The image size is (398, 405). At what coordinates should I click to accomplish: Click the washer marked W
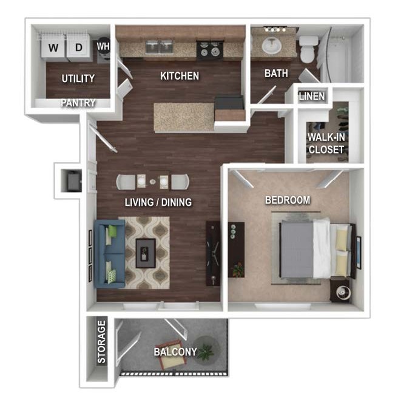click(x=53, y=47)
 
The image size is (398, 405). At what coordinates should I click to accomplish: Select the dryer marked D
click(x=78, y=47)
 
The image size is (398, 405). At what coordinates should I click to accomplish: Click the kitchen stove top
click(x=209, y=49)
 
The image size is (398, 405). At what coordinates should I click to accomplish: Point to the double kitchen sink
click(x=159, y=47)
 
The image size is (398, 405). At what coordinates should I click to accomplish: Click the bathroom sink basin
click(x=271, y=45)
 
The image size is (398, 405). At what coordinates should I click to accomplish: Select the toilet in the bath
click(x=309, y=49)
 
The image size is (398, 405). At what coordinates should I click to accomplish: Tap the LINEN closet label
click(x=312, y=97)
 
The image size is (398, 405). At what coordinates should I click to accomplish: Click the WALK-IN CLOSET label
click(x=326, y=143)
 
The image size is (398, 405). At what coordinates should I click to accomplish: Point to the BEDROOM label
click(x=288, y=200)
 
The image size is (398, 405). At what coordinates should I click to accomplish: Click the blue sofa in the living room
click(x=110, y=254)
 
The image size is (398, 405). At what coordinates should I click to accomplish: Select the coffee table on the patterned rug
click(x=146, y=253)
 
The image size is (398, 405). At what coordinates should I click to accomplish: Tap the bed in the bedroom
click(x=316, y=249)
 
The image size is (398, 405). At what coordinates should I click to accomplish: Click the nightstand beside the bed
click(x=341, y=290)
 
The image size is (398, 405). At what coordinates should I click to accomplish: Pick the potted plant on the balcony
click(x=206, y=350)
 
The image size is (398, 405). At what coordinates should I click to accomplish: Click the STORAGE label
click(x=101, y=342)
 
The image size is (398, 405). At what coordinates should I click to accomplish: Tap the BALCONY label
click(x=175, y=352)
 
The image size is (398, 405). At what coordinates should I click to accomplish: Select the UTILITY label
click(x=78, y=78)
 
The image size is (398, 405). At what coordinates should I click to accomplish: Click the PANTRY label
click(x=78, y=103)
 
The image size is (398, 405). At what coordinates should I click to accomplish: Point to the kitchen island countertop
click(x=184, y=117)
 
